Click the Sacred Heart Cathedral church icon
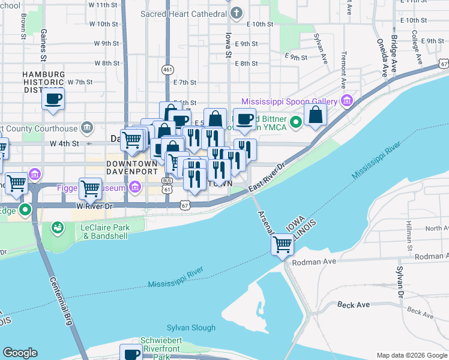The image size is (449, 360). pyautogui.click(x=238, y=13)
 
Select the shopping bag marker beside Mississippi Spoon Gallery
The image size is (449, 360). pyautogui.click(x=316, y=115)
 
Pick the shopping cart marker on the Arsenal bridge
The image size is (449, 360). pyautogui.click(x=282, y=244)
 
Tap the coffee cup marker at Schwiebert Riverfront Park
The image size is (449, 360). pyautogui.click(x=131, y=353)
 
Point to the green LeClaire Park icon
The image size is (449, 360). pyautogui.click(x=58, y=227)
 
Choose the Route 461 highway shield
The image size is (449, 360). pyautogui.click(x=167, y=70)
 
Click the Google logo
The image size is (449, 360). pyautogui.click(x=20, y=353)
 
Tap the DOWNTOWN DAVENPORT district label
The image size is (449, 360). pyautogui.click(x=131, y=168)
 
